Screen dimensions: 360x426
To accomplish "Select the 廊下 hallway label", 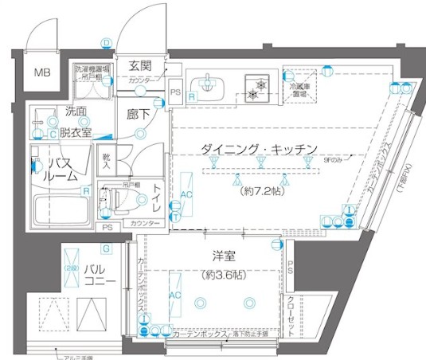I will pyautogui.click(x=138, y=114).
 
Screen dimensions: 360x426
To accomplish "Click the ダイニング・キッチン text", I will pyautogui.click(x=260, y=150).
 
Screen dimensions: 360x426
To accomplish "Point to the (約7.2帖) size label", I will pyautogui.click(x=260, y=192).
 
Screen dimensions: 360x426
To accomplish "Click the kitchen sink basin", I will pyautogui.click(x=207, y=85).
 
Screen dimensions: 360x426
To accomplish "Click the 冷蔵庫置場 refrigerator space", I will pyautogui.click(x=304, y=90).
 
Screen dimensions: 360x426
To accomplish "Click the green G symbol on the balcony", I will pyautogui.click(x=105, y=249).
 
